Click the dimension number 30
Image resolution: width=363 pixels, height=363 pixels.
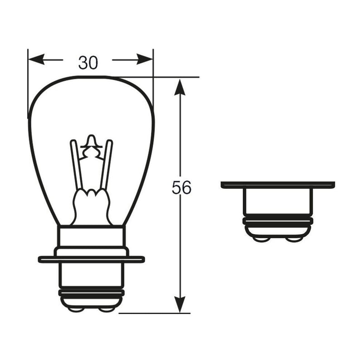pos(88,63)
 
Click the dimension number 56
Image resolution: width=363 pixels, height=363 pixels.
pos(181,187)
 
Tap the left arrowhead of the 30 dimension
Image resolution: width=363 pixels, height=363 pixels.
pos(36,59)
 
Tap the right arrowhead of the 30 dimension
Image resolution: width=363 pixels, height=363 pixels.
pos(145,59)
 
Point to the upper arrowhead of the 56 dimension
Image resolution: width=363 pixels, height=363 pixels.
pos(180,87)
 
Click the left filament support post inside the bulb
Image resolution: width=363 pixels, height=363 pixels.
pos(77,165)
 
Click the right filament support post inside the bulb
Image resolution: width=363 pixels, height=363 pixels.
pos(107,165)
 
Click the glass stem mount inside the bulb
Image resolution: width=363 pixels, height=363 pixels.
pos(92,207)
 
